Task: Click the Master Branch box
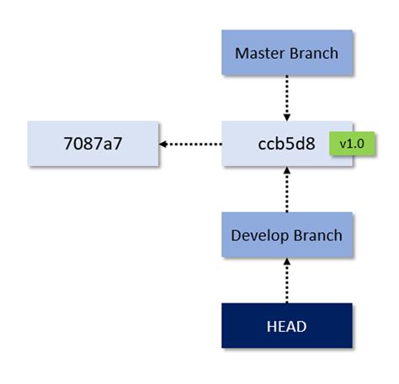pos(286,52)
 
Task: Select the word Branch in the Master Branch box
pos(313,53)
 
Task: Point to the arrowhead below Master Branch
pos(286,115)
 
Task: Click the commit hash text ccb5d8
pos(286,144)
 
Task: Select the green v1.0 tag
pos(351,144)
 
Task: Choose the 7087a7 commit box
pos(93,144)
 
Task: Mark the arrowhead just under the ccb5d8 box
pos(286,171)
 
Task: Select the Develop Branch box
pos(286,234)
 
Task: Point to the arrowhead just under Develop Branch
pos(286,263)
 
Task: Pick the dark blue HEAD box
pos(286,326)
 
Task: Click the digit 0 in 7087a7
pos(81,144)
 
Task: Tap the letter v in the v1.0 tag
pos(343,144)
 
